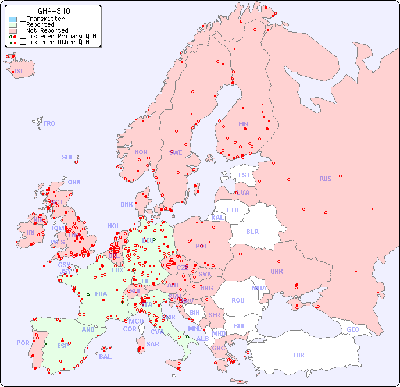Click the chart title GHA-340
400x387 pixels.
point(54,11)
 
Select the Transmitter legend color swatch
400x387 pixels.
point(13,19)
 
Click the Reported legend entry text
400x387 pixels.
point(38,25)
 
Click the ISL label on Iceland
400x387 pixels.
point(20,72)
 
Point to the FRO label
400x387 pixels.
point(49,123)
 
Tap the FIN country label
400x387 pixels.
point(243,124)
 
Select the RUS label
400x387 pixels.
point(325,179)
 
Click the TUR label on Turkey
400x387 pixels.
point(298,355)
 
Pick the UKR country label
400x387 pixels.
point(277,271)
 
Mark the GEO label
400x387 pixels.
point(353,329)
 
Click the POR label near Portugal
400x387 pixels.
point(23,343)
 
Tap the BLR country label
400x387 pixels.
point(252,231)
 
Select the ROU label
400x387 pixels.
point(238,300)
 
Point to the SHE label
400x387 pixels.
point(68,157)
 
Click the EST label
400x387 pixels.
point(244,175)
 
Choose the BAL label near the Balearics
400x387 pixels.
point(105,357)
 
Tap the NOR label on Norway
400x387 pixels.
point(141,152)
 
